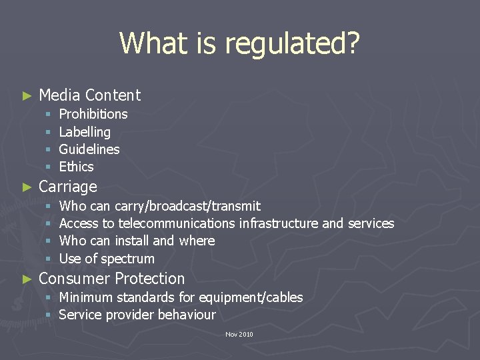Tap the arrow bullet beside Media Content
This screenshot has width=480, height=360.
(x=27, y=96)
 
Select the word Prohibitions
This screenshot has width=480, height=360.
(x=93, y=114)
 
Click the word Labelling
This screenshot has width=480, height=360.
(x=85, y=132)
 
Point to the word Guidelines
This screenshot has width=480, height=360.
(x=89, y=149)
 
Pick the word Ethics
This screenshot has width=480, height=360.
(x=76, y=167)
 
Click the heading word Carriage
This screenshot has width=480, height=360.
(x=68, y=187)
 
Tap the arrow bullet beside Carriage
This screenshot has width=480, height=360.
(x=27, y=187)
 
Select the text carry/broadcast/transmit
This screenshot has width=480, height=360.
(x=187, y=206)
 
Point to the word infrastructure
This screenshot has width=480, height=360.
(x=279, y=223)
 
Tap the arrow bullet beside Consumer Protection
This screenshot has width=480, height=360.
(x=27, y=279)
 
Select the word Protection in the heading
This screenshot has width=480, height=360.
(x=150, y=279)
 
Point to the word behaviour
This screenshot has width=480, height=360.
(x=187, y=315)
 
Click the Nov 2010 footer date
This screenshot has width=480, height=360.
(x=239, y=335)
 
